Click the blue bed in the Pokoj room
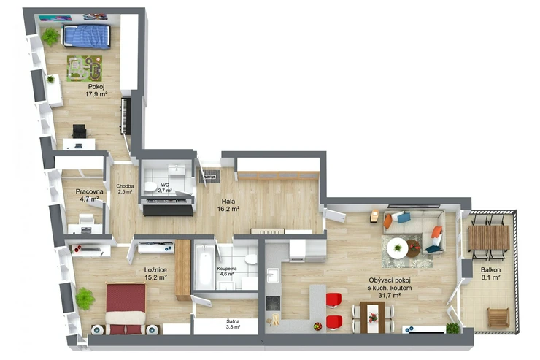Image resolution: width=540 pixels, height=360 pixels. pos(86,36)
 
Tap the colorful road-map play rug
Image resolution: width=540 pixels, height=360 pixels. pos(85,69)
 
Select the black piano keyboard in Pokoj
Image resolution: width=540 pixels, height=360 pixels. pos(126,116)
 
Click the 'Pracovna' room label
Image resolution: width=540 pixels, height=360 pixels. pos(90,191)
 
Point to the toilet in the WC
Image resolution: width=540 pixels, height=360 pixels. pos(150,186)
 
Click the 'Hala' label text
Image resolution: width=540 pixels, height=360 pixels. pos(228,202)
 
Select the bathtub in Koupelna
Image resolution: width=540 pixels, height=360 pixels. pos(204,266)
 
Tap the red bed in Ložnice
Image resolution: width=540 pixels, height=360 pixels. pos(126,309)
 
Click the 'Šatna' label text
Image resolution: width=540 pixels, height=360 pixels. pos(233,321)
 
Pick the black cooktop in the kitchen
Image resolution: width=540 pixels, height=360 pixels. pos(273,303)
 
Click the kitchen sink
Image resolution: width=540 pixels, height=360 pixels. pos(273,275)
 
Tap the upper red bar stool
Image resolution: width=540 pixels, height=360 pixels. pos(333,300)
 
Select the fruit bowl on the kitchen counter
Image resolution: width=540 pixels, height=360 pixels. pos(317,326)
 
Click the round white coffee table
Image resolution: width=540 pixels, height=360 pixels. pos(398,248)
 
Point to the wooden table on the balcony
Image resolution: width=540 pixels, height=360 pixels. pos(489,237)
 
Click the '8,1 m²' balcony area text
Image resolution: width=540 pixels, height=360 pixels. pos(491,277)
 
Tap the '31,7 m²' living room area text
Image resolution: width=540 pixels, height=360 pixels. pos(390,295)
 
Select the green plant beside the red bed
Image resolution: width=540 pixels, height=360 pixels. pos(85,299)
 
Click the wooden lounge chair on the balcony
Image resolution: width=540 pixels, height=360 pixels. pos(498,318)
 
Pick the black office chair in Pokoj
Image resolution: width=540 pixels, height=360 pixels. pos(80,131)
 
